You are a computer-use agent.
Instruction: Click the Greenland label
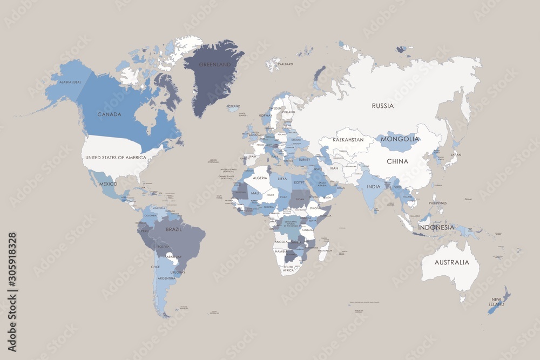coord(214,64)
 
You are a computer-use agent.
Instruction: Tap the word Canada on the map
coord(109,114)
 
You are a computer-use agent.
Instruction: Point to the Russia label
coord(383,106)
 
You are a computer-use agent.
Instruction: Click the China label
coord(397,161)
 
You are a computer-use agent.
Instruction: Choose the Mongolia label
coord(400,139)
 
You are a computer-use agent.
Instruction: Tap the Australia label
coord(453,262)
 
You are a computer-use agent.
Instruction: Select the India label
coord(374,187)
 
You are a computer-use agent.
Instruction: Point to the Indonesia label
coord(436,227)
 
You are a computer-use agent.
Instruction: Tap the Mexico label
coord(108,184)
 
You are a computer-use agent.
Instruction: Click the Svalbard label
coord(285,64)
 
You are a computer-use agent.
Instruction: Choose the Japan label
coord(456,155)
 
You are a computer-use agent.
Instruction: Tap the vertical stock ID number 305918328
coord(12,269)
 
